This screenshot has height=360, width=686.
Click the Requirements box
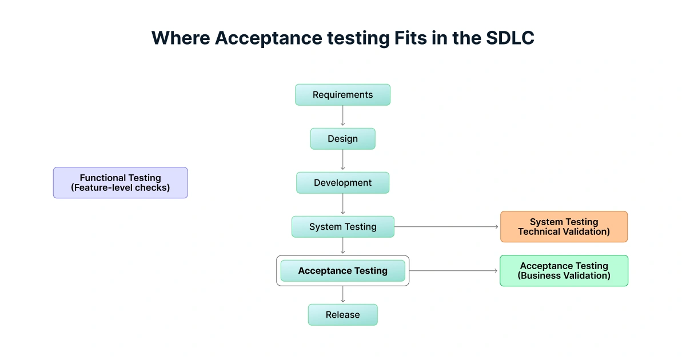click(342, 95)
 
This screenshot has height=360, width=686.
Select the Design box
click(342, 139)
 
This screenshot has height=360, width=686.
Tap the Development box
click(342, 183)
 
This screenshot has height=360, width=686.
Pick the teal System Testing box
click(342, 227)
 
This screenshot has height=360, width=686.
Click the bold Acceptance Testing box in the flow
click(342, 271)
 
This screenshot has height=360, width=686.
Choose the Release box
click(342, 315)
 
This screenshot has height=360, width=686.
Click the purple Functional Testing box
click(120, 183)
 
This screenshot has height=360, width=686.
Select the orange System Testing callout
click(564, 227)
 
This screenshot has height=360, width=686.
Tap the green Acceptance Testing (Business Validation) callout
click(564, 271)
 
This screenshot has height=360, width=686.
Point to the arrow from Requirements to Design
click(343, 117)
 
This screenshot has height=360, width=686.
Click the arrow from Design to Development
click(343, 161)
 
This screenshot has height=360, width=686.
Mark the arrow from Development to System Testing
click(343, 205)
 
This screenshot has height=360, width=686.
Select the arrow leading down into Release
click(343, 295)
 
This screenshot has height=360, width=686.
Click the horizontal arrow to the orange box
click(446, 227)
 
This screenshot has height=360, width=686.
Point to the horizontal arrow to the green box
click(454, 271)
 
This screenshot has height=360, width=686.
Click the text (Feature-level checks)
click(120, 187)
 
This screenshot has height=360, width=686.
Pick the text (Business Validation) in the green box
click(564, 276)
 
